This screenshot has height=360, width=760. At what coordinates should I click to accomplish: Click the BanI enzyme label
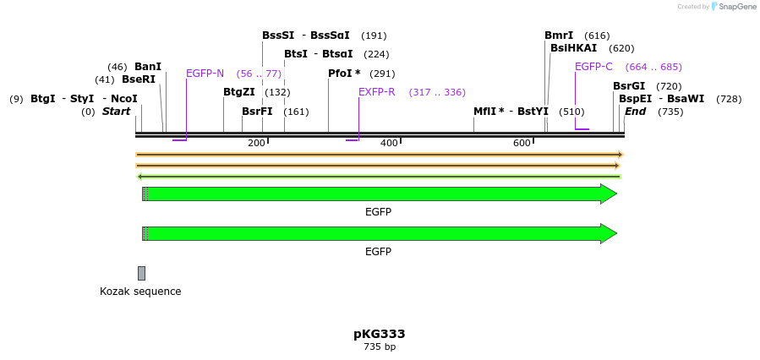tap(148, 67)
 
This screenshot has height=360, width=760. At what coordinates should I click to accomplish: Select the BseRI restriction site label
tap(139, 79)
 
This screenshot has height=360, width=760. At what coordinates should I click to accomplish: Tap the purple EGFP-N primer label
tap(205, 74)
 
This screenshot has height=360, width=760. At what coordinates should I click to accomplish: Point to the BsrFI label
tap(257, 112)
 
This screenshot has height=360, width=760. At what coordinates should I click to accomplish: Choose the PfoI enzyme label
tap(344, 74)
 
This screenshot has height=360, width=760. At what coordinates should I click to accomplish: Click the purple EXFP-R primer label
tap(377, 92)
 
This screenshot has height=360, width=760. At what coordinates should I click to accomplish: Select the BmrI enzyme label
tap(559, 35)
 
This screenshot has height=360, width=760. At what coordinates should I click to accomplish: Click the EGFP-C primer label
tap(593, 67)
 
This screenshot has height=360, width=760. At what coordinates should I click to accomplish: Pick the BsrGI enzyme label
tap(629, 86)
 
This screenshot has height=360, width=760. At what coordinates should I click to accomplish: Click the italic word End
tap(635, 112)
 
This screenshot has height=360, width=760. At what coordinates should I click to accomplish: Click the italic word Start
tap(117, 112)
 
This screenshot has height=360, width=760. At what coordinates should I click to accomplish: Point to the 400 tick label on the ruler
tap(389, 143)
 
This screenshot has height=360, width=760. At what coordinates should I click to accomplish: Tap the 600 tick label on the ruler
tap(522, 143)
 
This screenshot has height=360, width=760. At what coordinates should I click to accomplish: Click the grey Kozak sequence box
tap(141, 273)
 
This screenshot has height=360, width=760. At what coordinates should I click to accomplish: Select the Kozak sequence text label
tap(140, 292)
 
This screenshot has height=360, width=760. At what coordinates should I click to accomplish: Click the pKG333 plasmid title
tap(379, 334)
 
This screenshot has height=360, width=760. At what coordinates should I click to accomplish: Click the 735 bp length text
tap(379, 347)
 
